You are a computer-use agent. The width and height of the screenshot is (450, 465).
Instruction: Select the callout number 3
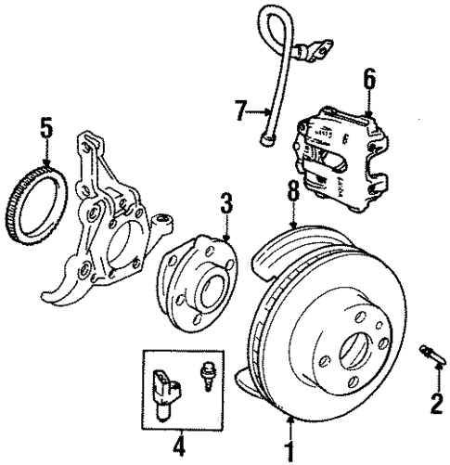tap(225, 201)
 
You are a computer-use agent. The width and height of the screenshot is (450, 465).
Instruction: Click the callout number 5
tap(45, 123)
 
